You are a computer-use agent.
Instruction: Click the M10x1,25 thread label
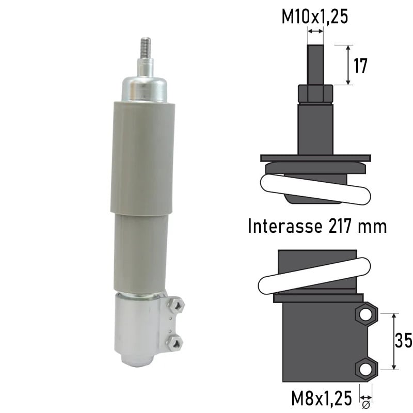pos(314,17)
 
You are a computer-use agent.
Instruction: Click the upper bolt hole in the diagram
pos(366,314)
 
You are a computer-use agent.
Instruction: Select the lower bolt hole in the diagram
pos(366,369)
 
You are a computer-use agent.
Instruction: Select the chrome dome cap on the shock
pos(145,88)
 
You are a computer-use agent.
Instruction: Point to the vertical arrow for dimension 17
pos(350,65)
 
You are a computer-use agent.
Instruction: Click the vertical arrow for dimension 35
pos(394,341)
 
